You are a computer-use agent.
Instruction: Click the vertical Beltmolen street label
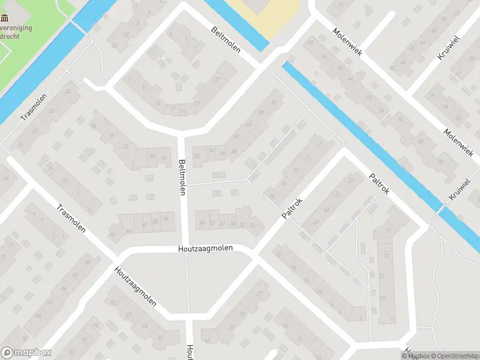point(182,177)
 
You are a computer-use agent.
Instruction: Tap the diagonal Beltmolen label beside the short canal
point(226,40)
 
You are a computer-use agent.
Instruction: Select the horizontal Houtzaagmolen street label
point(205,248)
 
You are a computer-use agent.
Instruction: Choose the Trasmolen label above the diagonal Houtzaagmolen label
point(70,219)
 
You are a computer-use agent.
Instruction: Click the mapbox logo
point(26,353)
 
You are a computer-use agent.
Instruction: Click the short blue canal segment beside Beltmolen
point(240,24)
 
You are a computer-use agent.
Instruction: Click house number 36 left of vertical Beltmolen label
point(166,219)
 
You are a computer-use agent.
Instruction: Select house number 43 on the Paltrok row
point(327,209)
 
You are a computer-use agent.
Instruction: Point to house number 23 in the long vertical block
point(382,277)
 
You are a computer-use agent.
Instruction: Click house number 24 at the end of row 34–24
point(203,223)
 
